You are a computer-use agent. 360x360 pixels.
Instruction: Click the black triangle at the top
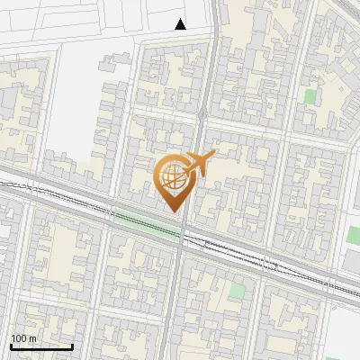[x=181, y=24]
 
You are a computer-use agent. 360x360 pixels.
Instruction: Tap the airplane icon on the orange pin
[x=199, y=165]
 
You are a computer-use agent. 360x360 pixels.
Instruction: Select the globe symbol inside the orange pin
[x=172, y=176]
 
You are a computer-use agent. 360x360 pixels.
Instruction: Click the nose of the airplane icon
[x=214, y=155]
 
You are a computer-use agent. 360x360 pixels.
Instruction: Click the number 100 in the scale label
[x=20, y=338]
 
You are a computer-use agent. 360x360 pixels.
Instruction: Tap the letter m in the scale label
[x=34, y=338]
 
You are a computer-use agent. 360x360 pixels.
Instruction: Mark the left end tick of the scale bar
[x=11, y=346]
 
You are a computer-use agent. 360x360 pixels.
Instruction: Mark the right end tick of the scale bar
[x=72, y=346]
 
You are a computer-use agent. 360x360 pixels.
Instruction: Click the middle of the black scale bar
[x=41, y=347]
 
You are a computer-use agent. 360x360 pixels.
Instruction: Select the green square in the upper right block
[x=310, y=96]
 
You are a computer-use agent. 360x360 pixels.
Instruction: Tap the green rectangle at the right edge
[x=353, y=236]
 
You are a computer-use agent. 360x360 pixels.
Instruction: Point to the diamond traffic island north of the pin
[x=202, y=113]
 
